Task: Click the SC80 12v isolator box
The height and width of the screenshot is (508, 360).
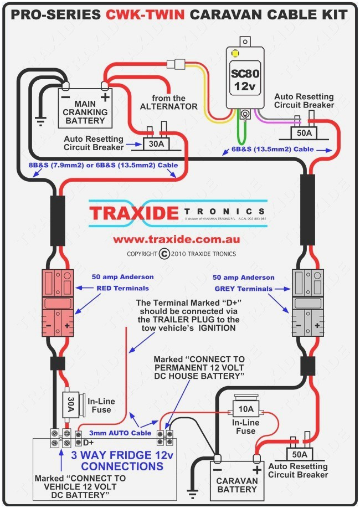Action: (244, 80)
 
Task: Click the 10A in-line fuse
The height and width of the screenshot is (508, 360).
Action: (245, 410)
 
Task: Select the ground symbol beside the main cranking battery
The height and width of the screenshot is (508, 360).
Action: (40, 120)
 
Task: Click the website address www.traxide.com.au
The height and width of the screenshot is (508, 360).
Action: (176, 240)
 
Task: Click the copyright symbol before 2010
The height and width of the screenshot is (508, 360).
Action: (164, 254)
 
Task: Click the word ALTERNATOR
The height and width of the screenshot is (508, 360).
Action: (168, 106)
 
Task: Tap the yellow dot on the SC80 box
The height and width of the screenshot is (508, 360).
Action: (235, 54)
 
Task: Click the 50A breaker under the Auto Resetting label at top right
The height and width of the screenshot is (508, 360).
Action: (303, 133)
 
